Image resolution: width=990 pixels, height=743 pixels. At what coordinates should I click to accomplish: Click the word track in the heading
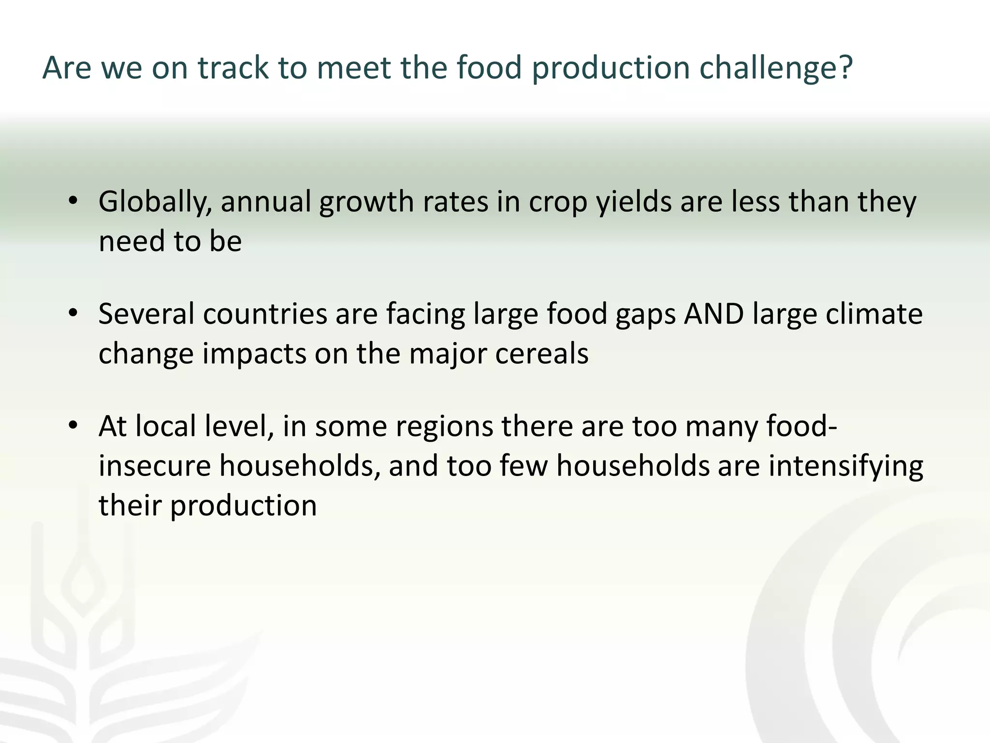[233, 68]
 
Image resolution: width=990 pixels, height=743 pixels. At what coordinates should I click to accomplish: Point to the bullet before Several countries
[73, 313]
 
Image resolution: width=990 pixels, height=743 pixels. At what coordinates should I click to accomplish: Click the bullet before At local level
[73, 426]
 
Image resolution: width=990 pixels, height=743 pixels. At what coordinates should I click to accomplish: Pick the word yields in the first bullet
[634, 202]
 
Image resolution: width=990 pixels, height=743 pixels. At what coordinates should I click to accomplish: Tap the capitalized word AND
[714, 313]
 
